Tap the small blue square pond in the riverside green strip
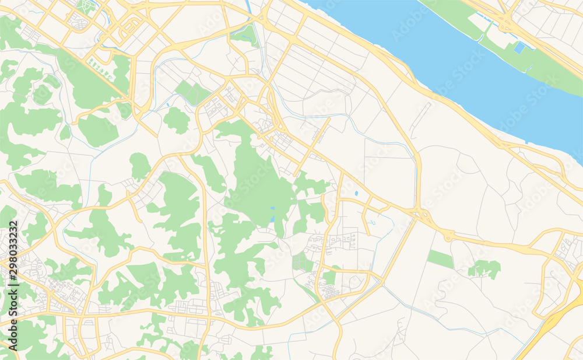[519, 47]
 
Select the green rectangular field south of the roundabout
[440, 258]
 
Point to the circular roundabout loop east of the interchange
[448, 236]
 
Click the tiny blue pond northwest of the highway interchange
[356, 193]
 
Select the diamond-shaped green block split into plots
[192, 93]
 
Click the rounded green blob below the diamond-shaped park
[176, 120]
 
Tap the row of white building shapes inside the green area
[100, 73]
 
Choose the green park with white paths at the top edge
[87, 7]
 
